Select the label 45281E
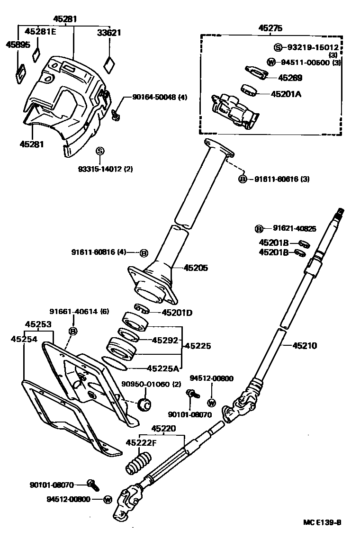(40, 32)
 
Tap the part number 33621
(109, 33)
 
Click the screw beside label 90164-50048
(116, 114)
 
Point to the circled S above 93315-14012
(100, 151)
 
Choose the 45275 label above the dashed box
(270, 28)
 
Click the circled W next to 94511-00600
(271, 62)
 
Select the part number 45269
(290, 78)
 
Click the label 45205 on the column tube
(196, 268)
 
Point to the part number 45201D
(177, 312)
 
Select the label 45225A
(163, 368)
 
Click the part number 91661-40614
(73, 311)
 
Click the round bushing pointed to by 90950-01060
(144, 405)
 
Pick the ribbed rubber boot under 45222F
(138, 462)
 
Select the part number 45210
(305, 346)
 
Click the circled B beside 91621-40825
(259, 229)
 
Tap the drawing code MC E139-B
(322, 522)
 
